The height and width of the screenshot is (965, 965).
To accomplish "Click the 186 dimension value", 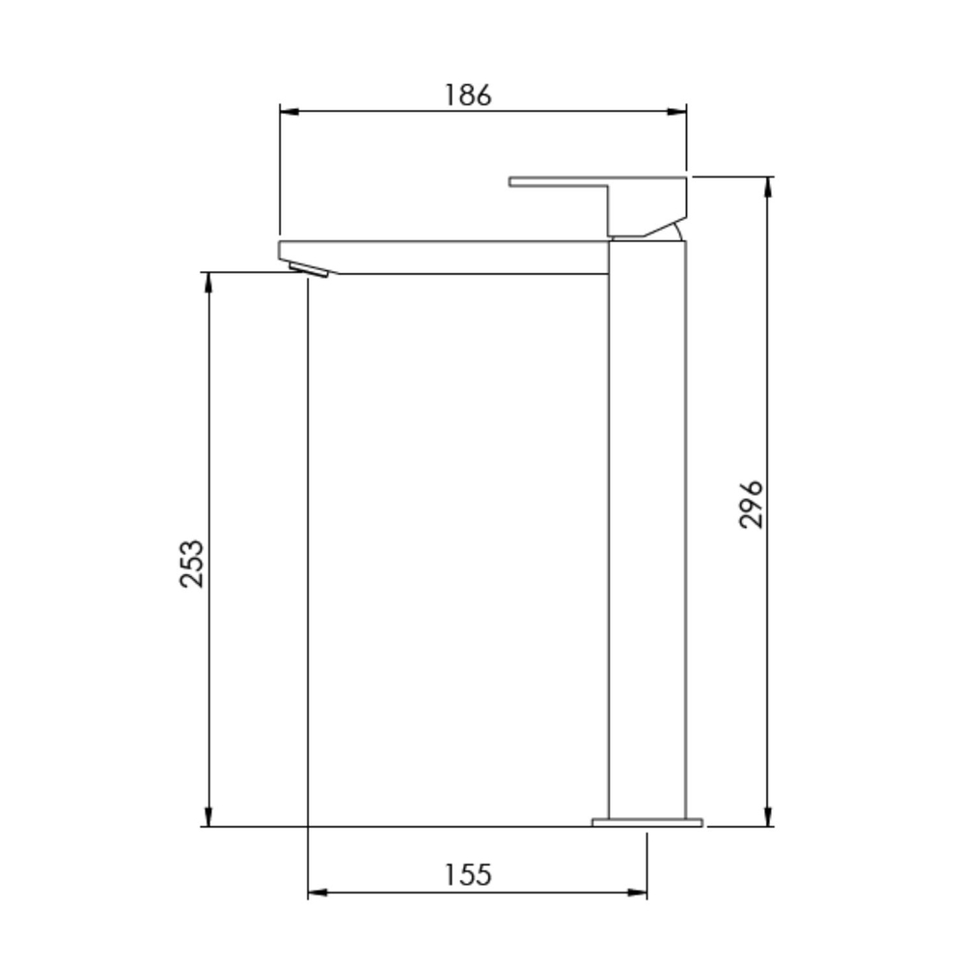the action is click(468, 95).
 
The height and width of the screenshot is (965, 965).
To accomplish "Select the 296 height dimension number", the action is click(750, 505).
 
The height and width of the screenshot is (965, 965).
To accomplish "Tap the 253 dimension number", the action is click(191, 564).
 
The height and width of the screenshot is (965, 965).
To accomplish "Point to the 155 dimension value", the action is click(468, 874).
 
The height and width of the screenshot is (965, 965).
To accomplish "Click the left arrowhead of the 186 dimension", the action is click(289, 111).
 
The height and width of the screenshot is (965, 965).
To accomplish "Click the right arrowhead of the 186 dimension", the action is click(677, 111).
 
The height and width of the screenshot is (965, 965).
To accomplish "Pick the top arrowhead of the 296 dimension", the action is click(767, 186).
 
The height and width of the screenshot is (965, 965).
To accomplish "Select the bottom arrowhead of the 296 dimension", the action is click(767, 816).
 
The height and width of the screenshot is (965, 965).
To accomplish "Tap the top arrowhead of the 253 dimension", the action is click(208, 282).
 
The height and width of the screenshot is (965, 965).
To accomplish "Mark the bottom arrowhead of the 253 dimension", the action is click(208, 816).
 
